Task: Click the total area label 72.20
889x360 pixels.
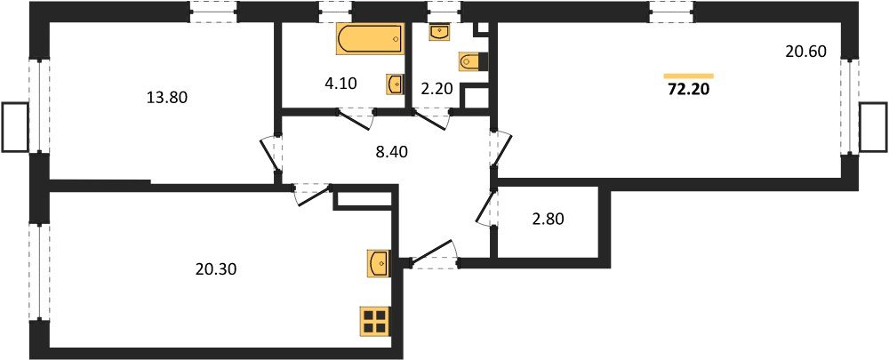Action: (690, 88)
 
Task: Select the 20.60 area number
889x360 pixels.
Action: (806, 52)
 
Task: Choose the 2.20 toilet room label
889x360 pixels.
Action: (437, 88)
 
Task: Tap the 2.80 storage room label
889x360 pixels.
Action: (549, 217)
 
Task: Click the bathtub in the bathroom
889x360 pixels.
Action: (369, 40)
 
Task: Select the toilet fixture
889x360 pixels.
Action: (473, 61)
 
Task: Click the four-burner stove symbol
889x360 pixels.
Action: (374, 320)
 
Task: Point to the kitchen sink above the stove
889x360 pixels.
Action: (377, 263)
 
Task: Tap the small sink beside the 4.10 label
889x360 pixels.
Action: (395, 84)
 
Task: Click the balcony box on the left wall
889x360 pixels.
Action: (14, 127)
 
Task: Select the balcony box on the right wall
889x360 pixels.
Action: (874, 127)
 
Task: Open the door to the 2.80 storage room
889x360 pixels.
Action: (485, 210)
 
